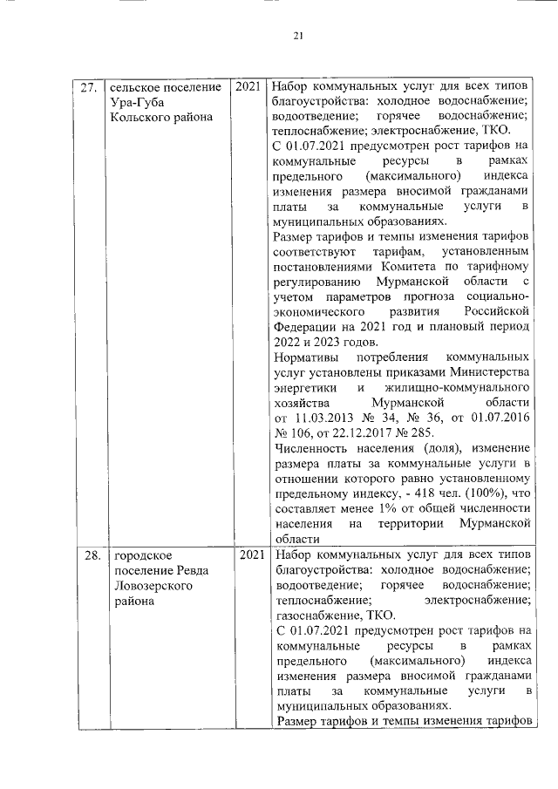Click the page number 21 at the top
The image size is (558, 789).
pos(297,35)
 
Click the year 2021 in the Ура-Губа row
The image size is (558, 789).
pos(247,88)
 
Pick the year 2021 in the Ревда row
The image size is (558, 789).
pos(247,555)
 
